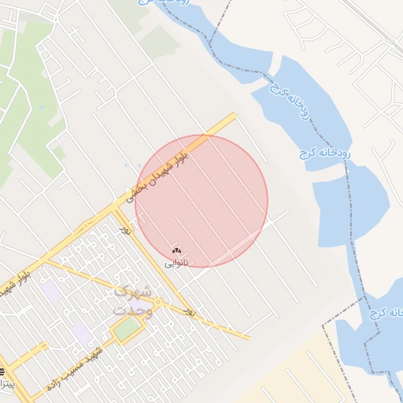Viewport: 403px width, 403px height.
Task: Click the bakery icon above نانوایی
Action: coord(176,251)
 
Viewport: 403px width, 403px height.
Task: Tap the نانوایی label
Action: coord(176,264)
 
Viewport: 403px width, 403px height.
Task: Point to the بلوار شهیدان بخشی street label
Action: coord(157,170)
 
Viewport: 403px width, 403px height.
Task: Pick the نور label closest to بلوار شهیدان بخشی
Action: coord(124,228)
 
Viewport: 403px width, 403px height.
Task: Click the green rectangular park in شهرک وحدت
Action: coord(126,329)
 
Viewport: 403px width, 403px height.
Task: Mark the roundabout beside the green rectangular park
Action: coord(157,302)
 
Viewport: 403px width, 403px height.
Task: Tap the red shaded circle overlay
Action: coord(201,201)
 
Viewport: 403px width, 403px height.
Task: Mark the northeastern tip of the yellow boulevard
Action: coord(234,115)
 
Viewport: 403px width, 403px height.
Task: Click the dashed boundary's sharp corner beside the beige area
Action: coord(323,325)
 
